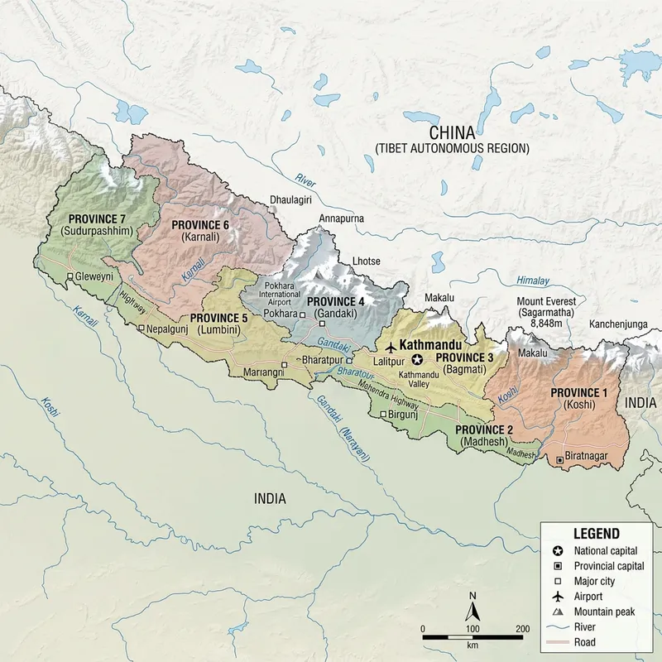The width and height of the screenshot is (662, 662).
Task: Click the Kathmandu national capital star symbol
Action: tap(417, 359)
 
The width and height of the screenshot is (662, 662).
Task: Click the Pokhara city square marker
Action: tap(302, 315)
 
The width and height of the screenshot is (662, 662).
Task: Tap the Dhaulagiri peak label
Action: tap(294, 200)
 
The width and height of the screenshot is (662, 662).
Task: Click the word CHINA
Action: tap(451, 133)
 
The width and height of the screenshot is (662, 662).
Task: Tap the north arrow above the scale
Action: tap(473, 612)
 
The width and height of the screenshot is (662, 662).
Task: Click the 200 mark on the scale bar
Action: tap(522, 629)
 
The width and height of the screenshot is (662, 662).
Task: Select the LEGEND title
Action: tap(597, 534)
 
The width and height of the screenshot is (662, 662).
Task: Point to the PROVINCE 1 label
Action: tap(578, 392)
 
